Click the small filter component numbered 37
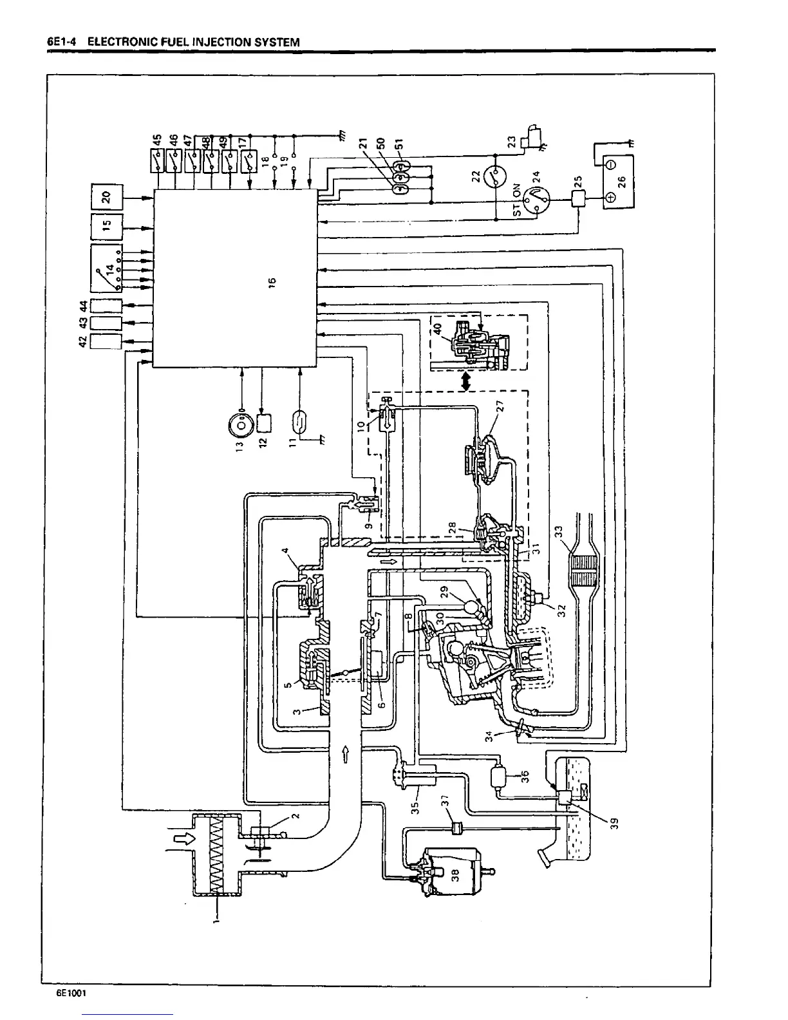(458, 827)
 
